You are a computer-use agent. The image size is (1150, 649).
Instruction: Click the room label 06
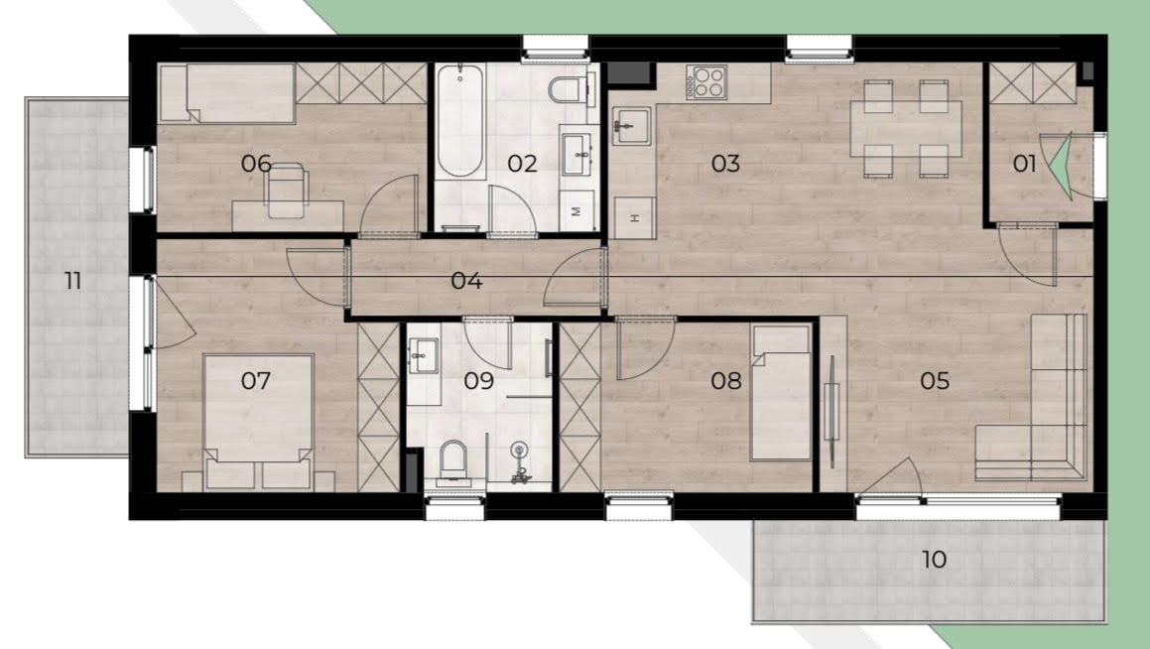(256, 163)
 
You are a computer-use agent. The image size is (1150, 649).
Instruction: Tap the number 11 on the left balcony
(72, 281)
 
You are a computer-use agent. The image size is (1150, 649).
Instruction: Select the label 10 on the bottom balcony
(935, 560)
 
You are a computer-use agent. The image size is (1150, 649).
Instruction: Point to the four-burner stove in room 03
(706, 82)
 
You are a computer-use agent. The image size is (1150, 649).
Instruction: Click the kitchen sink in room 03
(631, 125)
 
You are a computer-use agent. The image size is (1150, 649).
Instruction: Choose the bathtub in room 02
(459, 121)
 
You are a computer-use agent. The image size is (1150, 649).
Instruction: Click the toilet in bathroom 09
(453, 460)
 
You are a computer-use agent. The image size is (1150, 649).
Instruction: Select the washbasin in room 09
(423, 356)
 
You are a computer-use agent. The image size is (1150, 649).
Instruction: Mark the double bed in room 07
(258, 422)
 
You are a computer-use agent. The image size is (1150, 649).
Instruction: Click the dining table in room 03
(906, 128)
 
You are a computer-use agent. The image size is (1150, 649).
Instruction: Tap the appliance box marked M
(576, 211)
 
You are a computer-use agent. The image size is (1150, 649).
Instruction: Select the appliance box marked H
(635, 217)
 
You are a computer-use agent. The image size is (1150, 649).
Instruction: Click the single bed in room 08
(782, 393)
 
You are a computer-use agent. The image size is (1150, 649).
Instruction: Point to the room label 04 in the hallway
(466, 281)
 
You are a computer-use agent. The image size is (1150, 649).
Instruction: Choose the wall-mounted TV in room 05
(831, 412)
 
